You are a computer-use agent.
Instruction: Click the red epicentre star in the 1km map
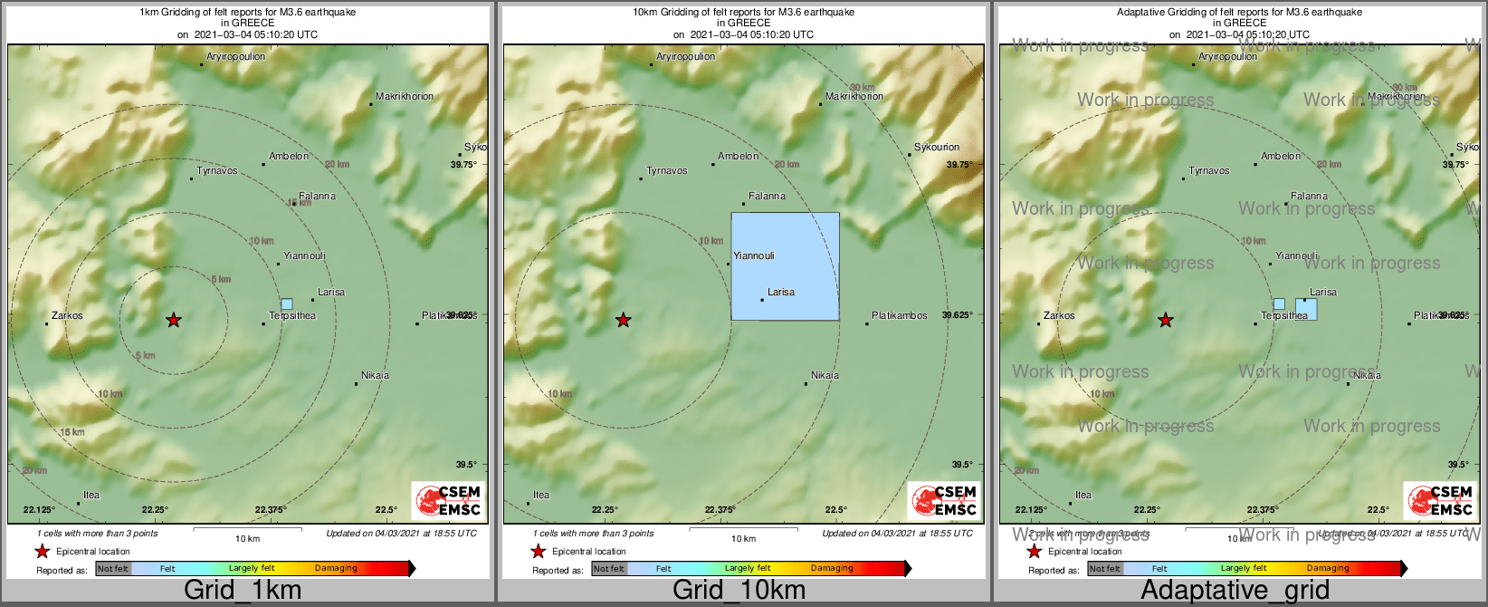[x=173, y=320]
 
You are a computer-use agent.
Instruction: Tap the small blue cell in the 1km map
[x=287, y=304]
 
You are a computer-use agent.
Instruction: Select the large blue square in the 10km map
[x=785, y=266]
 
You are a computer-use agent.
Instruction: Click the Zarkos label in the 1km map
[x=67, y=316]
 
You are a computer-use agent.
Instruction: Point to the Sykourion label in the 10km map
[x=937, y=147]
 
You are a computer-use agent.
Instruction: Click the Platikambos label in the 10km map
[x=899, y=316]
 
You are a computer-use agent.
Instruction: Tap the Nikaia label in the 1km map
[x=375, y=375]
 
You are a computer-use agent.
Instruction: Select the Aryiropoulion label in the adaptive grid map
[x=1227, y=56]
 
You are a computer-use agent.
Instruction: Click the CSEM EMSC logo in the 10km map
[x=945, y=500]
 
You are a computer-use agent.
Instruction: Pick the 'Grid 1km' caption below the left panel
[x=243, y=590]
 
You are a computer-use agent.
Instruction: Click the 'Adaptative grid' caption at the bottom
[x=1235, y=590]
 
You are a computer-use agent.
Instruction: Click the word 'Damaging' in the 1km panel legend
[x=336, y=569]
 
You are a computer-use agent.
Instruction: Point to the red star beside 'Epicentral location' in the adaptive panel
[x=1034, y=552]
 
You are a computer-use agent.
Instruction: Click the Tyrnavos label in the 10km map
[x=667, y=170]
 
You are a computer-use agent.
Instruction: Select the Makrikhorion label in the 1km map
[x=405, y=96]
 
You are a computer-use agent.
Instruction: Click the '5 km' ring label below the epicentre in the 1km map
[x=145, y=356]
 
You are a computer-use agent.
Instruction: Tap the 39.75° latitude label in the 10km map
[x=959, y=165]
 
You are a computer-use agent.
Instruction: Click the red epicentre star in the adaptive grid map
[x=1165, y=320]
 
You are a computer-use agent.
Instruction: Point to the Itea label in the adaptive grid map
[x=1083, y=496]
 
